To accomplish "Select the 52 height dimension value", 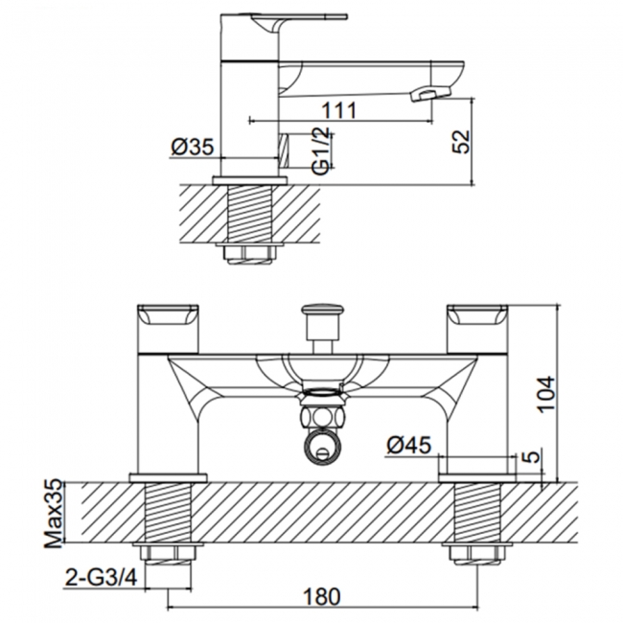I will [x=462, y=142].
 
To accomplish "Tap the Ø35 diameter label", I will [x=192, y=147].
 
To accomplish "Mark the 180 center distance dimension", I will [x=322, y=595].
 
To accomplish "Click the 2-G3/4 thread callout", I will [x=101, y=578].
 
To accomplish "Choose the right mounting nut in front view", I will [x=476, y=556].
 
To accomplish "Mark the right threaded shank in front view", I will [x=476, y=513].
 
